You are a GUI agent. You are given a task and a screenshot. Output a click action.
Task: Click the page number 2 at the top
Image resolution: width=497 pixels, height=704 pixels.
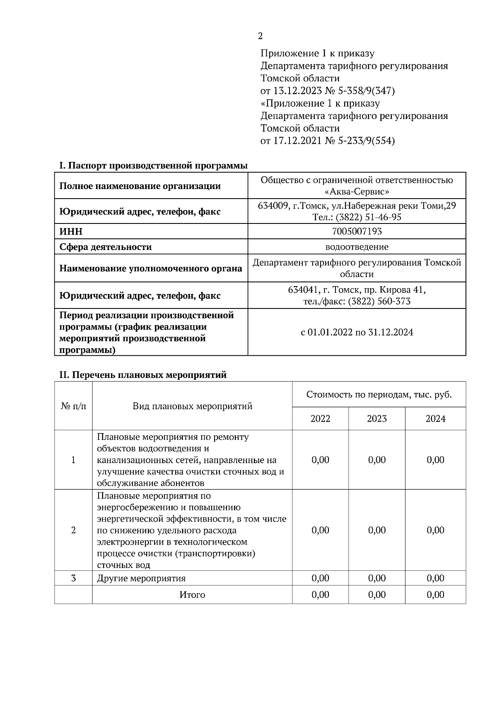(260, 36)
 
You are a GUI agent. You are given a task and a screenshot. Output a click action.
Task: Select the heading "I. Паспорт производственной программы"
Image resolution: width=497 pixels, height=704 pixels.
(153, 166)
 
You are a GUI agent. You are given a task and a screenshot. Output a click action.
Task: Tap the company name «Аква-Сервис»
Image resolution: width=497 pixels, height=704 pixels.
(357, 192)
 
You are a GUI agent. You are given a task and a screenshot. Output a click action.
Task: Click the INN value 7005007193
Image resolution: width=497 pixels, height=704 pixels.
(357, 231)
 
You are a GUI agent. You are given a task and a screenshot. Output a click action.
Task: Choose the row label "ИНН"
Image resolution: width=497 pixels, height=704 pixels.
(71, 231)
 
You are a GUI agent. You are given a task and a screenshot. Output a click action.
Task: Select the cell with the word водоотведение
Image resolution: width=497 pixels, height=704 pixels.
(357, 247)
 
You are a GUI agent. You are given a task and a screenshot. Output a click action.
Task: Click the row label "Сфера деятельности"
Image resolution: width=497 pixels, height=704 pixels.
(106, 247)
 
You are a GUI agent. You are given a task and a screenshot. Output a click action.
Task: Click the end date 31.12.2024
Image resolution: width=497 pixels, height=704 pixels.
(390, 333)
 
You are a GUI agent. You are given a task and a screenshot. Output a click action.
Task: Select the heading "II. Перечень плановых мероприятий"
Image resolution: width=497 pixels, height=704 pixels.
(143, 375)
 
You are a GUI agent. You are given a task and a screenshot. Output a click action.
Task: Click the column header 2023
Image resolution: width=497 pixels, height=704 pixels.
(376, 419)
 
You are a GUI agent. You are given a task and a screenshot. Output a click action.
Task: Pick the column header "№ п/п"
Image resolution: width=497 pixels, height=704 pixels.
(74, 406)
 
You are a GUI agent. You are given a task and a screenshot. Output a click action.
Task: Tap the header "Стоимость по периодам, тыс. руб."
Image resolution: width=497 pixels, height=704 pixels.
(379, 394)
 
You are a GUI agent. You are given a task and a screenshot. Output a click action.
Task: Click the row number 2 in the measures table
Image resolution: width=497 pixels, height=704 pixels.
(74, 530)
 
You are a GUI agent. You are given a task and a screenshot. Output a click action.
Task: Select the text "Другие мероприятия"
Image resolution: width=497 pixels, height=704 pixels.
(141, 578)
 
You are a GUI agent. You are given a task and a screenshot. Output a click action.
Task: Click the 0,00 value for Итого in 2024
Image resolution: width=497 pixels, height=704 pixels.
(435, 595)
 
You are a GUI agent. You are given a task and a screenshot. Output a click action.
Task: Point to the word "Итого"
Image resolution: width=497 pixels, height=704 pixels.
(192, 595)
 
